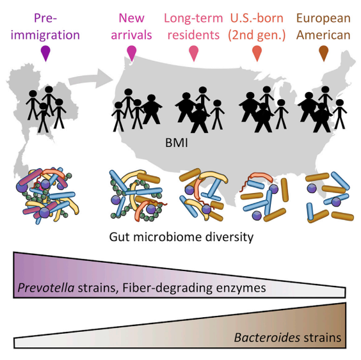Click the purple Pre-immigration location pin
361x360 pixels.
(45, 53)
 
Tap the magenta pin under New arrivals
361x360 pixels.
(132, 53)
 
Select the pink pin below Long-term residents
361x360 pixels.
(194, 53)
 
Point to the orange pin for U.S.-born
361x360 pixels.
(257, 53)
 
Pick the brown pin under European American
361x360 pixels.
(324, 53)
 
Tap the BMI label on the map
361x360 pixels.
(177, 143)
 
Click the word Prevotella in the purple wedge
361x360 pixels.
(46, 288)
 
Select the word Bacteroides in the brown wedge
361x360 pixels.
(267, 338)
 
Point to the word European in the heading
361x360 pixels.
(323, 19)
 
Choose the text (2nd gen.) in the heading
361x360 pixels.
(257, 35)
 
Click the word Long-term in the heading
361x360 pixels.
(193, 19)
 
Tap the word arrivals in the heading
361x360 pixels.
(131, 35)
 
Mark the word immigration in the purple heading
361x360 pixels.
(45, 35)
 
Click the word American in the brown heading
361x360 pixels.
(323, 35)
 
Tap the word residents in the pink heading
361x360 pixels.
(193, 35)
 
